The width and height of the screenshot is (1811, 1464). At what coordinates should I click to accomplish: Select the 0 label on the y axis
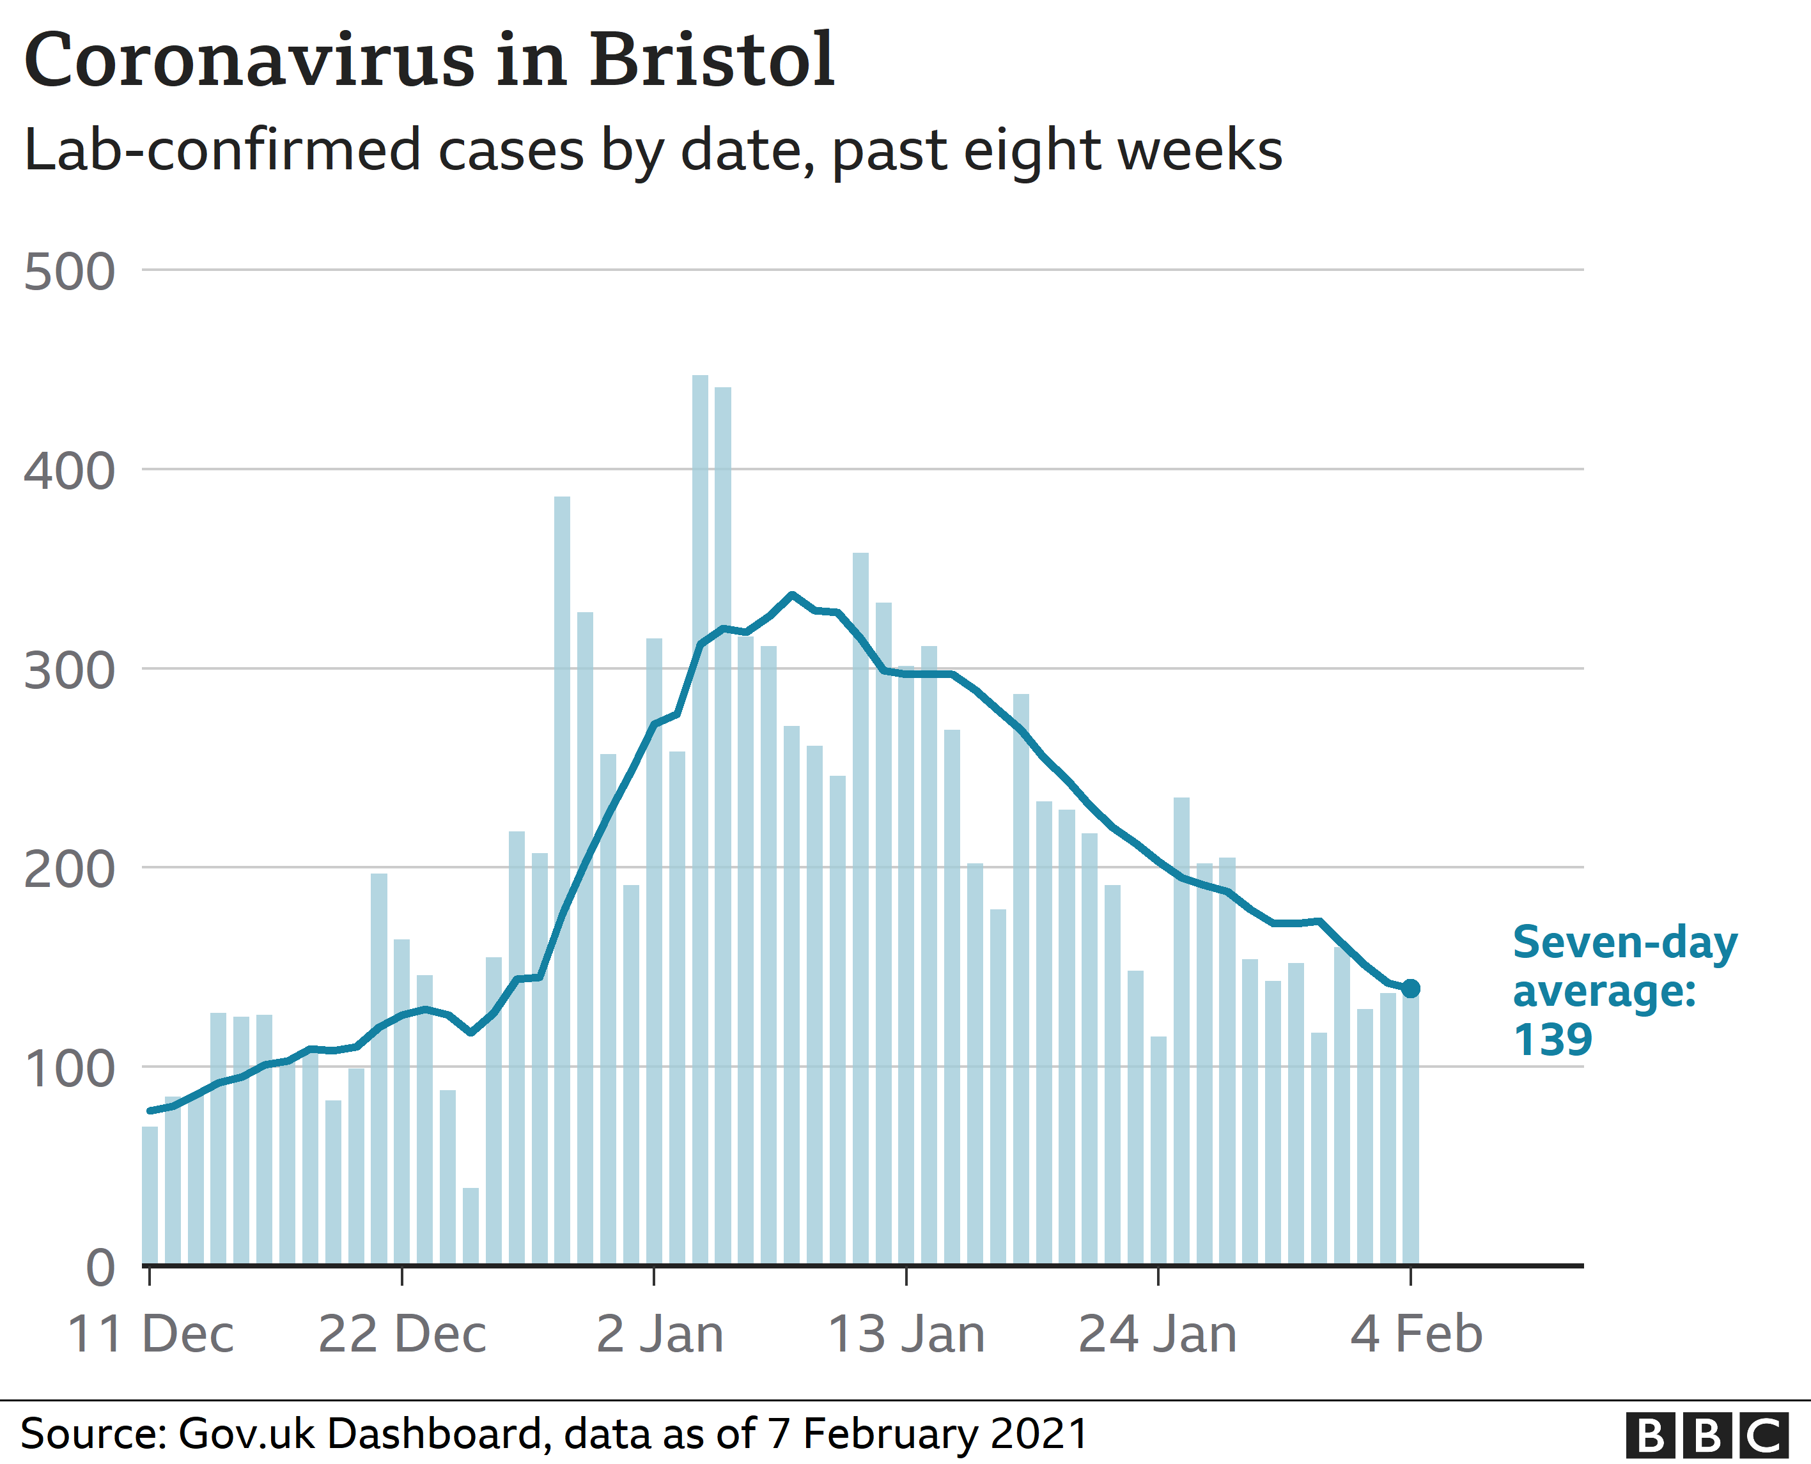[x=100, y=1268]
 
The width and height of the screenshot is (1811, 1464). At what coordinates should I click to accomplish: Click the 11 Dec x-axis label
[x=150, y=1334]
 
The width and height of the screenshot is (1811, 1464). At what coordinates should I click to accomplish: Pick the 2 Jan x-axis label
[x=660, y=1334]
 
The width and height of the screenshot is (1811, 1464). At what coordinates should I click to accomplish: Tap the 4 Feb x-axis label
[x=1416, y=1334]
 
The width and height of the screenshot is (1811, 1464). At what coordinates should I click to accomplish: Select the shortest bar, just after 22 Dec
[x=470, y=1227]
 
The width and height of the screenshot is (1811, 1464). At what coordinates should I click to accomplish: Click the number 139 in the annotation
[x=1552, y=1040]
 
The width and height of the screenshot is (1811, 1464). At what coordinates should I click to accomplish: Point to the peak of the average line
[x=791, y=594]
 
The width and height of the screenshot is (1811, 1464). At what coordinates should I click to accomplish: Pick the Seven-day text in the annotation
[x=1624, y=942]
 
